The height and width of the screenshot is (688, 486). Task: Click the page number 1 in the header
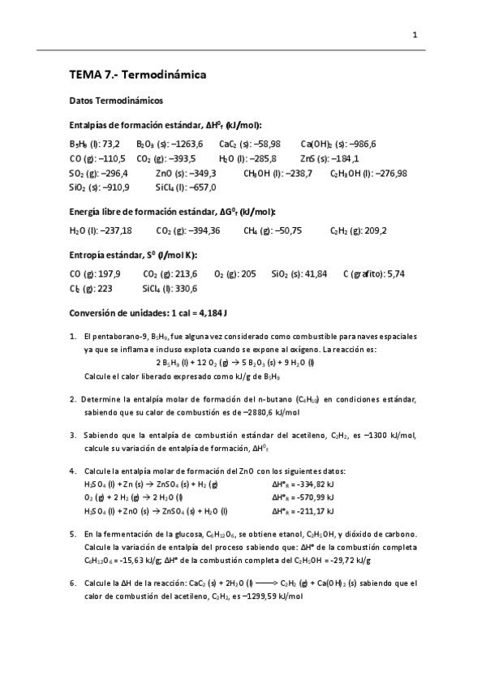(x=415, y=35)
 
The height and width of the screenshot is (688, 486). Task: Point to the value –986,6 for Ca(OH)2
(x=359, y=144)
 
